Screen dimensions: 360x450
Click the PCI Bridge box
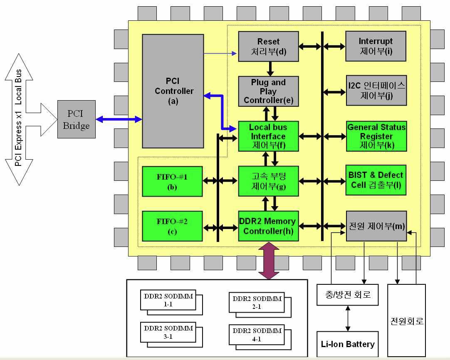point(76,119)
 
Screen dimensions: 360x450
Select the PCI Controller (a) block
point(173,91)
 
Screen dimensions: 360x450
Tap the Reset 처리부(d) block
point(268,47)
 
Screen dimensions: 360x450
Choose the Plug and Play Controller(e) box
point(268,91)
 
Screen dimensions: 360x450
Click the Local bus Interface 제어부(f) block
point(268,136)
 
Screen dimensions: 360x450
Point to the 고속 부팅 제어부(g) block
point(268,181)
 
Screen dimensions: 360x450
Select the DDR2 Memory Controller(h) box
point(268,226)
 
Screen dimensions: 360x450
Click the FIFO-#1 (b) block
point(172,181)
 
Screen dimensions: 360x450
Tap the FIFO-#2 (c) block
point(172,226)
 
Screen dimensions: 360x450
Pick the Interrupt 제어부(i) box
point(376,47)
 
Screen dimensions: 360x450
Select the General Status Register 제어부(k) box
point(376,136)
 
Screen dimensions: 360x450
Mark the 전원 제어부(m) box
point(376,226)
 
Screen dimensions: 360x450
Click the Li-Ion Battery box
point(347,344)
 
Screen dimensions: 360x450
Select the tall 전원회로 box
point(406,320)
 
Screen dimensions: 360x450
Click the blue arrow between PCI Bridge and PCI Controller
point(119,119)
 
